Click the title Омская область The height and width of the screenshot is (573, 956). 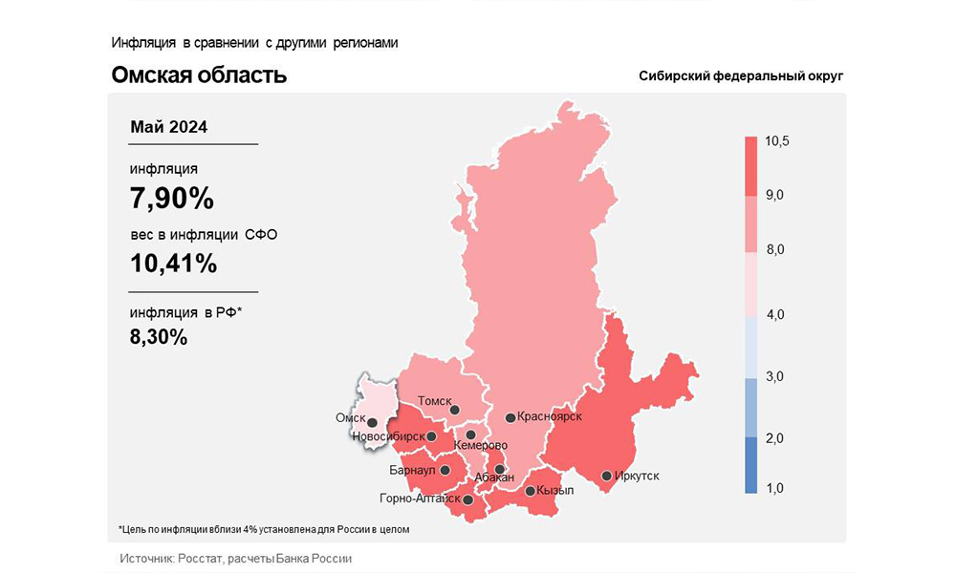pyautogui.click(x=199, y=74)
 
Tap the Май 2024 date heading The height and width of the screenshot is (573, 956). pyautogui.click(x=168, y=127)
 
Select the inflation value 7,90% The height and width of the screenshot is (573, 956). pyautogui.click(x=172, y=199)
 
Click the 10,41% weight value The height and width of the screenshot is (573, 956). pyautogui.click(x=174, y=263)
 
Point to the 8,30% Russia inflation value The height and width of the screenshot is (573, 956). pyautogui.click(x=159, y=336)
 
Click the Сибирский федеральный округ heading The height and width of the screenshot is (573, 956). pyautogui.click(x=741, y=76)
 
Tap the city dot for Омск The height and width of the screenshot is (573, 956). pyautogui.click(x=373, y=421)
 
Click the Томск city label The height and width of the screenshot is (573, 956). pyautogui.click(x=435, y=402)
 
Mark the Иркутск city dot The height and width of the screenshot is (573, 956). pyautogui.click(x=606, y=476)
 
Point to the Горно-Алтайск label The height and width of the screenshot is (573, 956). pyautogui.click(x=421, y=499)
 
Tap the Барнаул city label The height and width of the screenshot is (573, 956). pyautogui.click(x=413, y=471)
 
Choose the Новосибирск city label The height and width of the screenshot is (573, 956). pyautogui.click(x=388, y=436)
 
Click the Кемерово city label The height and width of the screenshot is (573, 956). pyautogui.click(x=481, y=446)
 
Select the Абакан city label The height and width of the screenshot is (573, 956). pyautogui.click(x=494, y=477)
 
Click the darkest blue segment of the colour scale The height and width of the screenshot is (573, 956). pyautogui.click(x=751, y=465)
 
